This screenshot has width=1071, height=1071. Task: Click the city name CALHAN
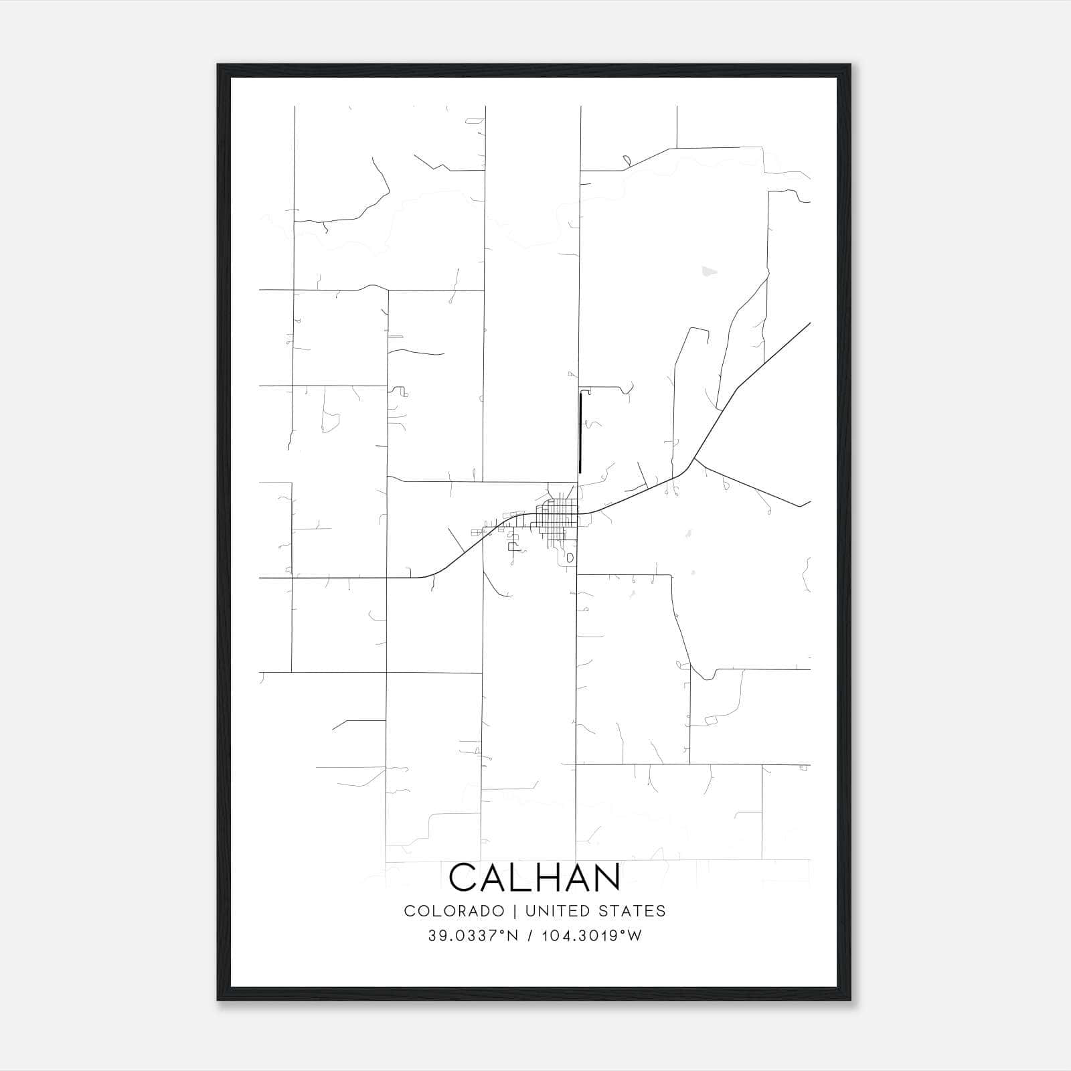pos(535,878)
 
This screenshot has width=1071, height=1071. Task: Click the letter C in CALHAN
pos(463,878)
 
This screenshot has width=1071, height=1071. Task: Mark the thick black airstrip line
pos(580,432)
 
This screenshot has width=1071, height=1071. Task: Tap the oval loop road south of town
pos(570,557)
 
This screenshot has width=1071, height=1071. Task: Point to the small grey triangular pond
pos(708,272)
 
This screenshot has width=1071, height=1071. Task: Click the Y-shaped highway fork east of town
pos(694,460)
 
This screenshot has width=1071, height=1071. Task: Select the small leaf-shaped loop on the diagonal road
pos(627,161)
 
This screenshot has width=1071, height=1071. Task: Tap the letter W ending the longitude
pos(635,936)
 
